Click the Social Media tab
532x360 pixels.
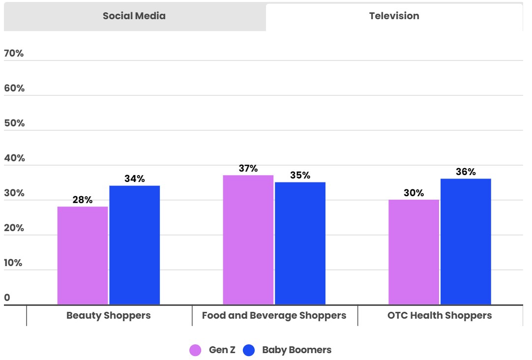(x=134, y=16)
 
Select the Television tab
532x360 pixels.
(x=394, y=16)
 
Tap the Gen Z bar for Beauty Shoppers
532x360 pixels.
(x=83, y=255)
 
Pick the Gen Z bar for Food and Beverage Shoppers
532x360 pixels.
(x=248, y=240)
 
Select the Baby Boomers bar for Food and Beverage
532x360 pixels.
(x=300, y=243)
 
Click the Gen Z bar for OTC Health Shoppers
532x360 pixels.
(x=414, y=252)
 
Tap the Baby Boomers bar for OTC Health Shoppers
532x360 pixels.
(x=466, y=241)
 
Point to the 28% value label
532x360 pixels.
(x=83, y=200)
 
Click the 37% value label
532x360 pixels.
(x=248, y=169)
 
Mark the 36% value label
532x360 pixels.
(x=466, y=172)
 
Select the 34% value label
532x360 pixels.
(x=134, y=179)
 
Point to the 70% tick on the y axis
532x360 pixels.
(x=14, y=54)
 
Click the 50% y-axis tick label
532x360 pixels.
(x=14, y=123)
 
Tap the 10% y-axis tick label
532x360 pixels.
(x=14, y=263)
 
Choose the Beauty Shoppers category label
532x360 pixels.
(x=109, y=316)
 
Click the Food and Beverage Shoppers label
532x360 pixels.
(x=274, y=316)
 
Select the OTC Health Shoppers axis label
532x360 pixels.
(x=440, y=316)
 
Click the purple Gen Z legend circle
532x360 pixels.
(x=195, y=351)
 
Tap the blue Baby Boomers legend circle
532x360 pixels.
(x=249, y=351)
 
